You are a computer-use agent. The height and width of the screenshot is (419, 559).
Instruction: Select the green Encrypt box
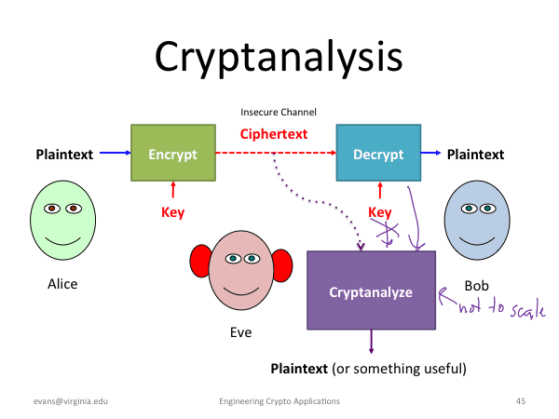172,155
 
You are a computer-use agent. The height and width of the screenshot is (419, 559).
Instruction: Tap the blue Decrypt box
377,155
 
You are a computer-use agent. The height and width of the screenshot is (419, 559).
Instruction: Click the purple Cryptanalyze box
371,291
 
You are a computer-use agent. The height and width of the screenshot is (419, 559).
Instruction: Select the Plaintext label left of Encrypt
64,155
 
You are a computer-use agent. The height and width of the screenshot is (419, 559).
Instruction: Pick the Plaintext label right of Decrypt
475,155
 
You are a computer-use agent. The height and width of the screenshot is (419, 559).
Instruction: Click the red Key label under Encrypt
173,212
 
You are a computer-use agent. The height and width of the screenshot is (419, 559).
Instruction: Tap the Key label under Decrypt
380,212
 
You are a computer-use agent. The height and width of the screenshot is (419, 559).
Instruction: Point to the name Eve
240,331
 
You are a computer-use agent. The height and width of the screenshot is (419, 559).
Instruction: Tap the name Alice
62,284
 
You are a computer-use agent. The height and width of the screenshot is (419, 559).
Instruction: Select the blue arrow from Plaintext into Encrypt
114,155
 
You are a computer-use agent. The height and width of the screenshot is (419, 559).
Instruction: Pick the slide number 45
521,400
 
